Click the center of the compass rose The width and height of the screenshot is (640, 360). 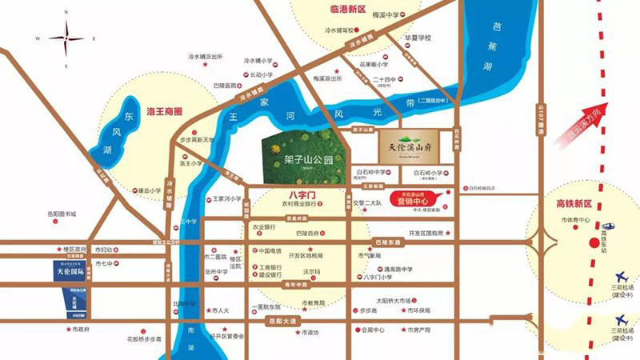point(66,38)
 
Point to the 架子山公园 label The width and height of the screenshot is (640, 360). point(308,159)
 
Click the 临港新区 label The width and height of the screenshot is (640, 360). point(336,10)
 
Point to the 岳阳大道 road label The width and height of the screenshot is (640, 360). point(282,321)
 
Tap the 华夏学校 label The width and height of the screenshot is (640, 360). point(417,38)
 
